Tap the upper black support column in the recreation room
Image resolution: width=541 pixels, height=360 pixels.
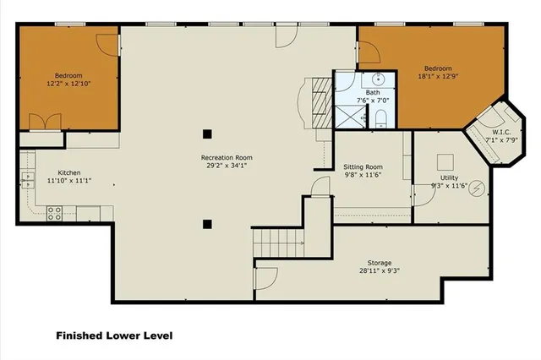(x=206, y=133)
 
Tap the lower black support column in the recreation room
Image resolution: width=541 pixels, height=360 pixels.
(x=206, y=224)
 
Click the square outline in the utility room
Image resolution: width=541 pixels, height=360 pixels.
(x=445, y=161)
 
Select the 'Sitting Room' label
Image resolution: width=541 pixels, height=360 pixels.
(x=363, y=166)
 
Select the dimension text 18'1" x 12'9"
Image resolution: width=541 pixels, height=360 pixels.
(x=438, y=76)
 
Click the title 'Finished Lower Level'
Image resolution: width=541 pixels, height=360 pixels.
(x=114, y=335)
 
